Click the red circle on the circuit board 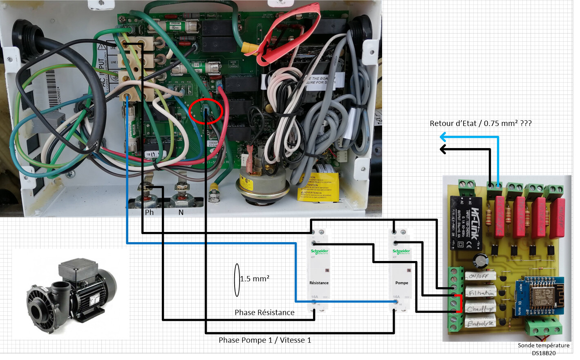pos(206,111)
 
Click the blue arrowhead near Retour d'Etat pos(443,137)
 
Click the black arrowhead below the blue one pos(443,149)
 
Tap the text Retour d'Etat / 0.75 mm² pos(480,123)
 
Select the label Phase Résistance pos(264,313)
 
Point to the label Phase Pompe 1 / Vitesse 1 pos(265,340)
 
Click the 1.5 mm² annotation pos(254,279)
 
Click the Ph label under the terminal pos(149,212)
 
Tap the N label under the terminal pos(181,212)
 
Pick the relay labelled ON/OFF pos(481,277)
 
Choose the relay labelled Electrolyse pos(481,323)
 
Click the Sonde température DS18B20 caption pos(543,349)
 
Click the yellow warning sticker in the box pos(318,187)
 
